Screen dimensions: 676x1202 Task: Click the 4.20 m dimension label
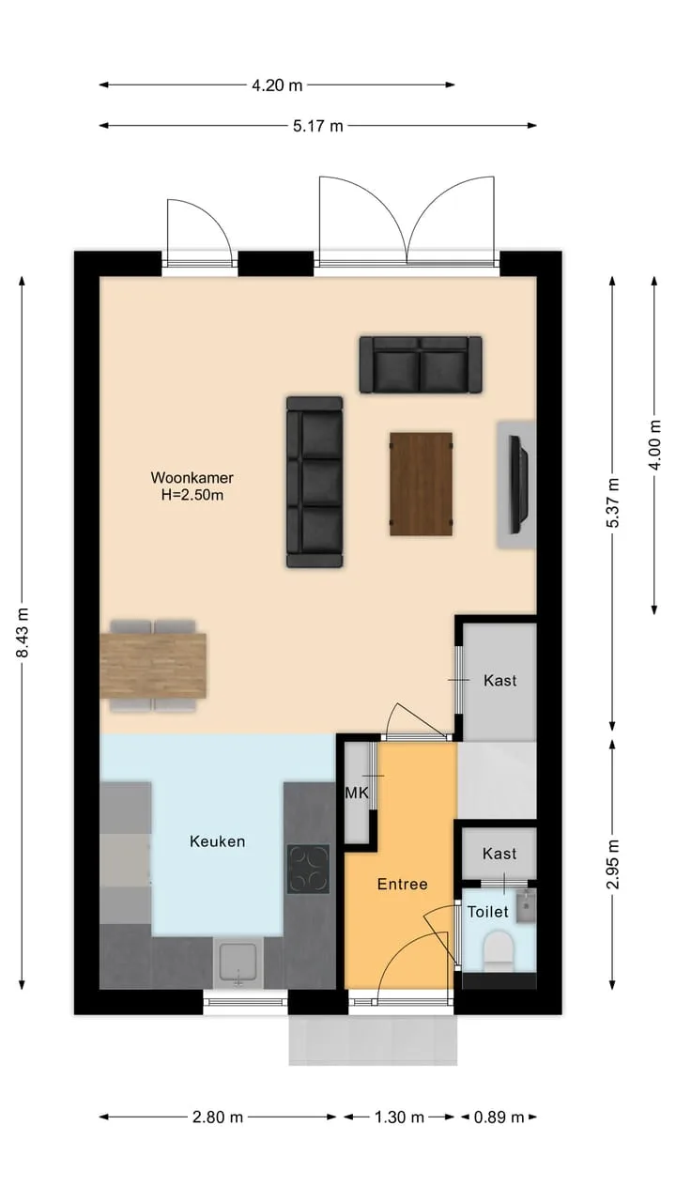pos(277,85)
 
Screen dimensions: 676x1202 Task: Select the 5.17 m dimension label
pos(317,126)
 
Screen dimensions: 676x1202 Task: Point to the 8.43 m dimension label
pos(23,632)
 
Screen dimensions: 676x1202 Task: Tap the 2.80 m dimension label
pos(218,1117)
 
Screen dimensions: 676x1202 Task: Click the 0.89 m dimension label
pos(499,1117)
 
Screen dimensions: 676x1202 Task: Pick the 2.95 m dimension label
pos(613,864)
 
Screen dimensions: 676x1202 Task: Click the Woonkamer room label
pos(192,477)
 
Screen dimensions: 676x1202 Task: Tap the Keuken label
pos(217,840)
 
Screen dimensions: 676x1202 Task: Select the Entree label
pos(403,884)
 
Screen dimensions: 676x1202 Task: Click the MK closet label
pos(356,792)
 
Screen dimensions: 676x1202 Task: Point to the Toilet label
pos(487,911)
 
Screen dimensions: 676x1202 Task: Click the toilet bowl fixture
pos(499,950)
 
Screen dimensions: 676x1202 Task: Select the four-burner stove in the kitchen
pos(309,869)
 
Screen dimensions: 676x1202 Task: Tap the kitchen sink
pos(238,963)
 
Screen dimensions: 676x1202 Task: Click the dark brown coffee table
pos(422,484)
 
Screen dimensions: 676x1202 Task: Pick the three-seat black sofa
pos(315,482)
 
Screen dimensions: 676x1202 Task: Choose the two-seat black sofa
pos(421,365)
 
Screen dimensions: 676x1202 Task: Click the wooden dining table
pos(153,666)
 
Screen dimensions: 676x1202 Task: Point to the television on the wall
pos(519,485)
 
